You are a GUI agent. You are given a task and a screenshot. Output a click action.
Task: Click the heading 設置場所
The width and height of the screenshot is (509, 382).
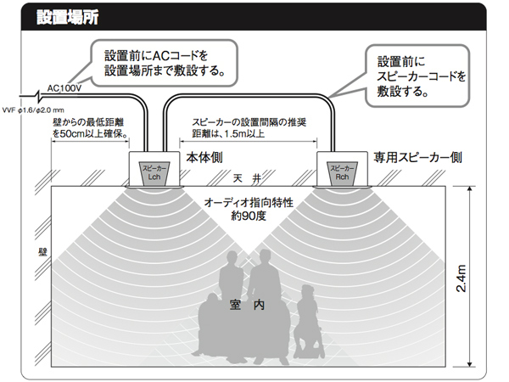pyautogui.click(x=69, y=18)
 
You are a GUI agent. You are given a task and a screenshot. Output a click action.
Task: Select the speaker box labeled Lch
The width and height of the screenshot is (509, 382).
pyautogui.click(x=154, y=171)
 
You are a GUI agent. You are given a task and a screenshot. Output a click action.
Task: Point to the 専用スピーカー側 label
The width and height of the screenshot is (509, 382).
pyautogui.click(x=417, y=158)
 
